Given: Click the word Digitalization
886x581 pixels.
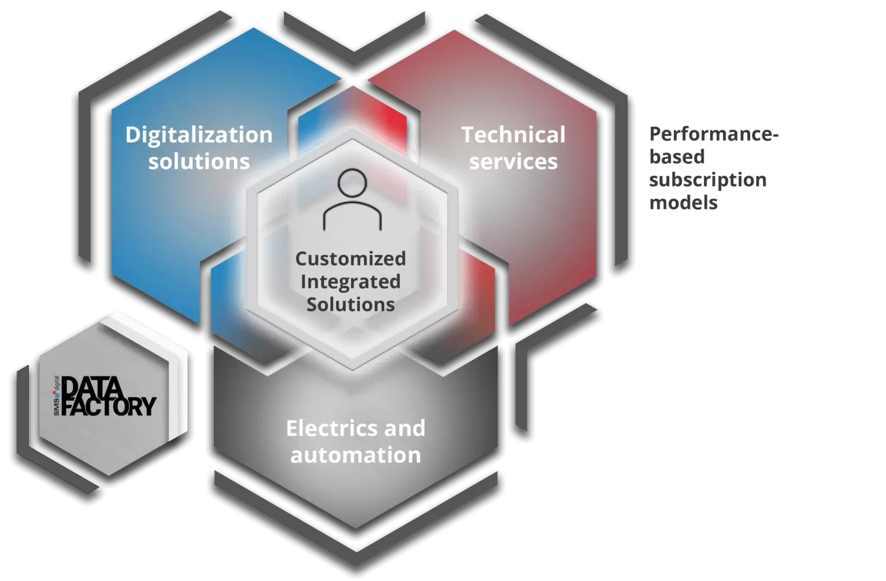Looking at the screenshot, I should pos(198,135).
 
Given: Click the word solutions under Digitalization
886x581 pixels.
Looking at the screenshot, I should pos(198,162).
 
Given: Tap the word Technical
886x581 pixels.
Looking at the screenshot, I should pos(513,135).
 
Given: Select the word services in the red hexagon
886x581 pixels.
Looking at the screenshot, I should pos(513,162).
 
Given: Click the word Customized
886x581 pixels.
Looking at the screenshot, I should pos(350,259).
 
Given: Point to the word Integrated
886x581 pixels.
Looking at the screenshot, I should pos(350,282).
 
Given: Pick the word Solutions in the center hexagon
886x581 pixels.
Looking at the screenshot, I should pos(350,305).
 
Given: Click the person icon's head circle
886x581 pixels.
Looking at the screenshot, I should pos(352,184).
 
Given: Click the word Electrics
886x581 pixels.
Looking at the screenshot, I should pos(325,429).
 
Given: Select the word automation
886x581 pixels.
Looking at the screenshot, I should pos(356,455).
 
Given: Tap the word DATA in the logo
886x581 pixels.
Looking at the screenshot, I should pos(93,389).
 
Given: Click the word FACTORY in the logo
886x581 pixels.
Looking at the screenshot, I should pos(109,407).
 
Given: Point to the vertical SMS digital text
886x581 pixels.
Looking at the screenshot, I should pos(57,396).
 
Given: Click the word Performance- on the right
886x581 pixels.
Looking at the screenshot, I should pos(714,134).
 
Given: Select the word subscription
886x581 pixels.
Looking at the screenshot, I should pos(708,179).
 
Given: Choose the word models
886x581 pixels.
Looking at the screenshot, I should pos(683,203).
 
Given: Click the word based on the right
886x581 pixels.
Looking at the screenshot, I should pos(677,157).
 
